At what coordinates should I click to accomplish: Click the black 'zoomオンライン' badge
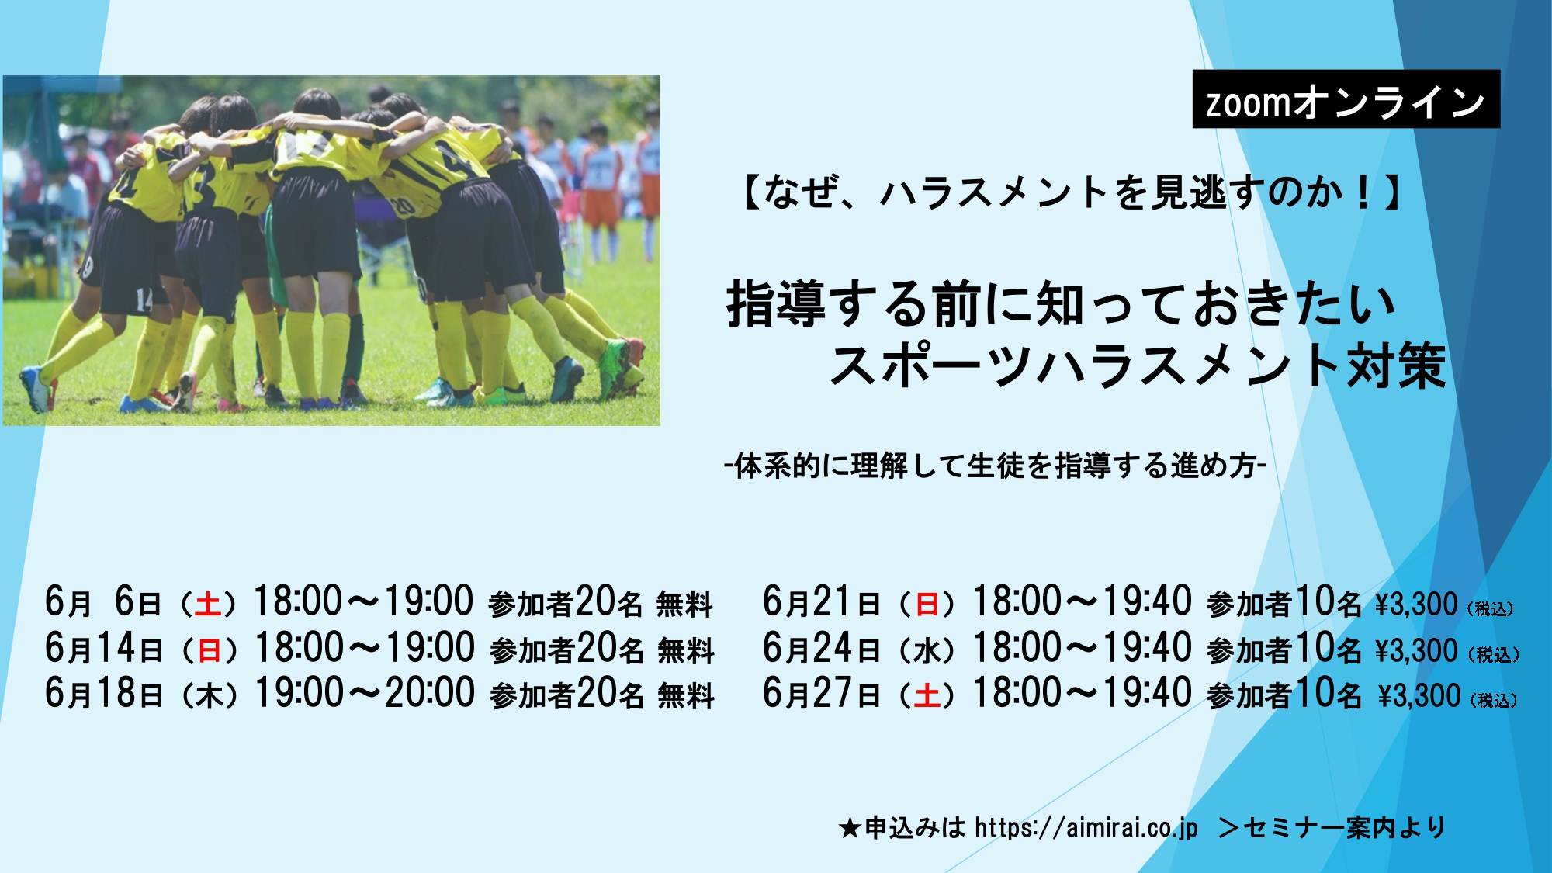[x=1346, y=99]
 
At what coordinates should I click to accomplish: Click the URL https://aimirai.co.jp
[x=1086, y=828]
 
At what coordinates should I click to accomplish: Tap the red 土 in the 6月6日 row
[x=208, y=604]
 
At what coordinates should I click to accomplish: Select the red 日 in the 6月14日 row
[x=210, y=650]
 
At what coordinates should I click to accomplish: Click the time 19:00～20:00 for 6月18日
[x=365, y=692]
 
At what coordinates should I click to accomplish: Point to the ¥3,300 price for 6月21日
[x=1416, y=605]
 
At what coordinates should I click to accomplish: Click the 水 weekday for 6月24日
[x=927, y=650]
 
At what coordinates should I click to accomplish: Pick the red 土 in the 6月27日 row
[x=927, y=695]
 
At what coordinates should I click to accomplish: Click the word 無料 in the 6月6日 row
[x=684, y=605]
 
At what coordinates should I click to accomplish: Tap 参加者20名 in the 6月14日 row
[x=567, y=649]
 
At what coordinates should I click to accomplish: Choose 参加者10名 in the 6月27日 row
[x=1284, y=693]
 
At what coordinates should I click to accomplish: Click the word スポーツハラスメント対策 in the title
[x=1138, y=365]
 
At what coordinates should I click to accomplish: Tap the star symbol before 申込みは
[x=850, y=829]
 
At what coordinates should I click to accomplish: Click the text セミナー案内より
[x=1345, y=828]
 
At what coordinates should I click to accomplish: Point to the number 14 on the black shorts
[x=144, y=300]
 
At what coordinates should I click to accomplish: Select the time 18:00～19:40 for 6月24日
[x=1083, y=648]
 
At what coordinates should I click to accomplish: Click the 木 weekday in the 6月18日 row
[x=210, y=695]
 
